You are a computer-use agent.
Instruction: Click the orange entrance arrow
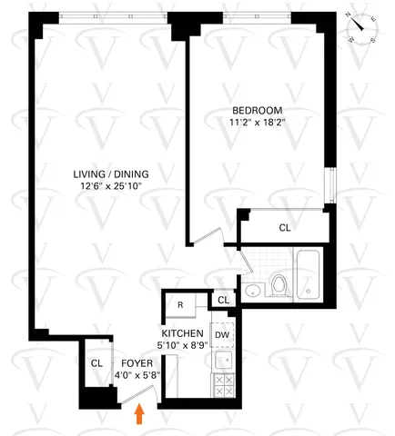(139, 414)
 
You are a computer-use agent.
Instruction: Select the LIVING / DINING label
(112, 174)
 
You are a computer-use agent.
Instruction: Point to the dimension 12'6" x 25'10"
(112, 187)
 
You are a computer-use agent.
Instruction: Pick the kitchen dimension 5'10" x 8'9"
(183, 345)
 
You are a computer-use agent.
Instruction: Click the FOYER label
(136, 362)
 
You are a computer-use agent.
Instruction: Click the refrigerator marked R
(181, 305)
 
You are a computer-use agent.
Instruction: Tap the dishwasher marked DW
(222, 333)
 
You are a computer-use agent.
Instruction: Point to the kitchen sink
(221, 361)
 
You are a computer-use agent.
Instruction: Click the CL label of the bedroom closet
(284, 227)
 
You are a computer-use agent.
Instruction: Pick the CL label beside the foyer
(96, 362)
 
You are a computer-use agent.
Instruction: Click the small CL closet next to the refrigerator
(222, 301)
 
